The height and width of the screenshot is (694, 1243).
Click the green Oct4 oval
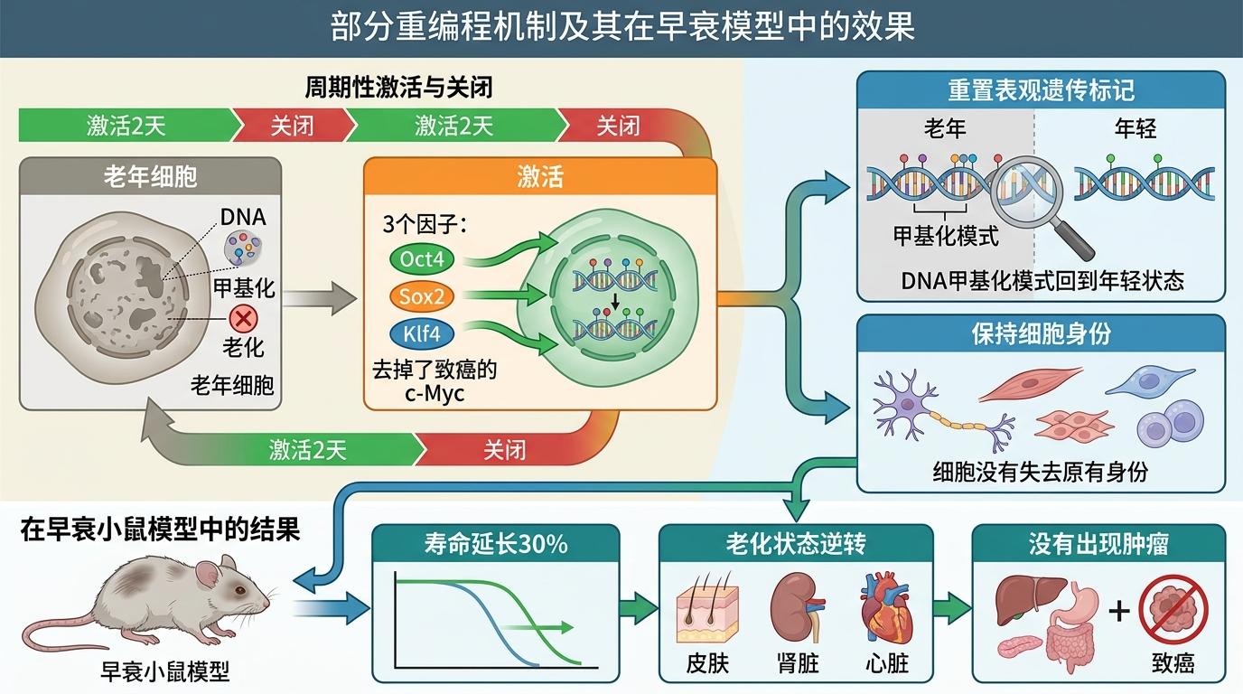pos(422,259)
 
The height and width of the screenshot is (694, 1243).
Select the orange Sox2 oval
pos(422,296)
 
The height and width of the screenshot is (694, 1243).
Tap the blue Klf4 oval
pos(422,333)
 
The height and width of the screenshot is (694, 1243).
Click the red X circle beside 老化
pos(243,319)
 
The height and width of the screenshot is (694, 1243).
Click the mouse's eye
pos(239,590)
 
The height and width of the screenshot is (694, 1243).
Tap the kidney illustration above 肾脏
pos(797,607)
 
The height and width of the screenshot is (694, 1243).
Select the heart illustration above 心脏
pos(885,608)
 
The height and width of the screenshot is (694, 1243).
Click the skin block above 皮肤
pos(707,612)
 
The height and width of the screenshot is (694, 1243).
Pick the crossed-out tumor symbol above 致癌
pos(1173,610)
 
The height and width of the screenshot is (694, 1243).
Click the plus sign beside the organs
pos(1118,611)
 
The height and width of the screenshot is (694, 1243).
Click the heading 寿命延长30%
pos(496,543)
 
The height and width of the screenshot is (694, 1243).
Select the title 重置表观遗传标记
pos(1041,90)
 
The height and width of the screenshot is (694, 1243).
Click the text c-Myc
pos(435,394)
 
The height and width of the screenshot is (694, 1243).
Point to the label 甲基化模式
pos(946,236)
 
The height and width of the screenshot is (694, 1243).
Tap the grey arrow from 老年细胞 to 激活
pos(320,299)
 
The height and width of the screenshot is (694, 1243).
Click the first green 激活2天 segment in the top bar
pos(127,125)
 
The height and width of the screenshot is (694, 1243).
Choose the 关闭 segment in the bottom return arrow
pos(504,450)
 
